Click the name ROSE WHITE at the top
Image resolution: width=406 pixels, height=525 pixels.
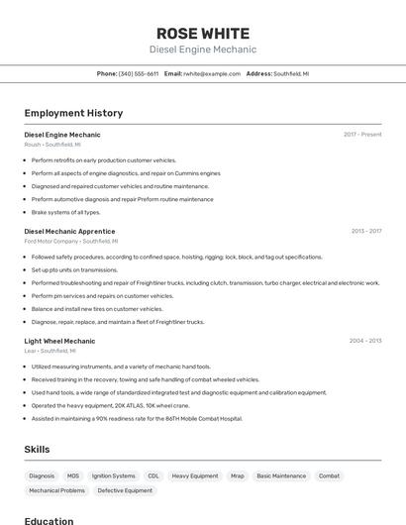coord(202,34)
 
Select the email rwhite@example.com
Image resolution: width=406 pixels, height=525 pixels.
coord(212,73)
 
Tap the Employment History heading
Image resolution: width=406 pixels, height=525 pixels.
coord(73,113)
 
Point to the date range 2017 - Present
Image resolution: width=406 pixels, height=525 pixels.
coord(362,135)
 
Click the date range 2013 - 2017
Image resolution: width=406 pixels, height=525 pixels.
coord(365,231)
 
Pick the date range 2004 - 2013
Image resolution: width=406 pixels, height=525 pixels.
coord(365,341)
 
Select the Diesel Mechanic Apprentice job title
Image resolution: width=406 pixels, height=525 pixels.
coord(69,231)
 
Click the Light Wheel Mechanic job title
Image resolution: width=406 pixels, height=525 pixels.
coord(59,341)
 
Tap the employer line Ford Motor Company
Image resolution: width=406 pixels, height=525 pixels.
coord(51,241)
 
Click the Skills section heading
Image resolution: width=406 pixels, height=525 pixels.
coord(37,449)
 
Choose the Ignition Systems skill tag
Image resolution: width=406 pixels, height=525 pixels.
coord(114,475)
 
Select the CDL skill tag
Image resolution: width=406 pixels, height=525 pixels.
coord(153,475)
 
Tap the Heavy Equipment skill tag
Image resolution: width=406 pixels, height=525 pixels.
coord(195,475)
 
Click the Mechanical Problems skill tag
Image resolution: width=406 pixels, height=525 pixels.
coord(56,490)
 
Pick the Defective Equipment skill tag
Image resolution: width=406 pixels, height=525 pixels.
coord(125,490)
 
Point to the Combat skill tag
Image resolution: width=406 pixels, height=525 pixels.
coord(329,475)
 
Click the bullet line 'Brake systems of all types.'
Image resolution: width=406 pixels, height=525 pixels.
coord(65,212)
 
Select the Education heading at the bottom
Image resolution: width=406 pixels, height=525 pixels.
coord(49,520)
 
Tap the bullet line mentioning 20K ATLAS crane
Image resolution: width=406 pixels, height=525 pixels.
coord(110,405)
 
